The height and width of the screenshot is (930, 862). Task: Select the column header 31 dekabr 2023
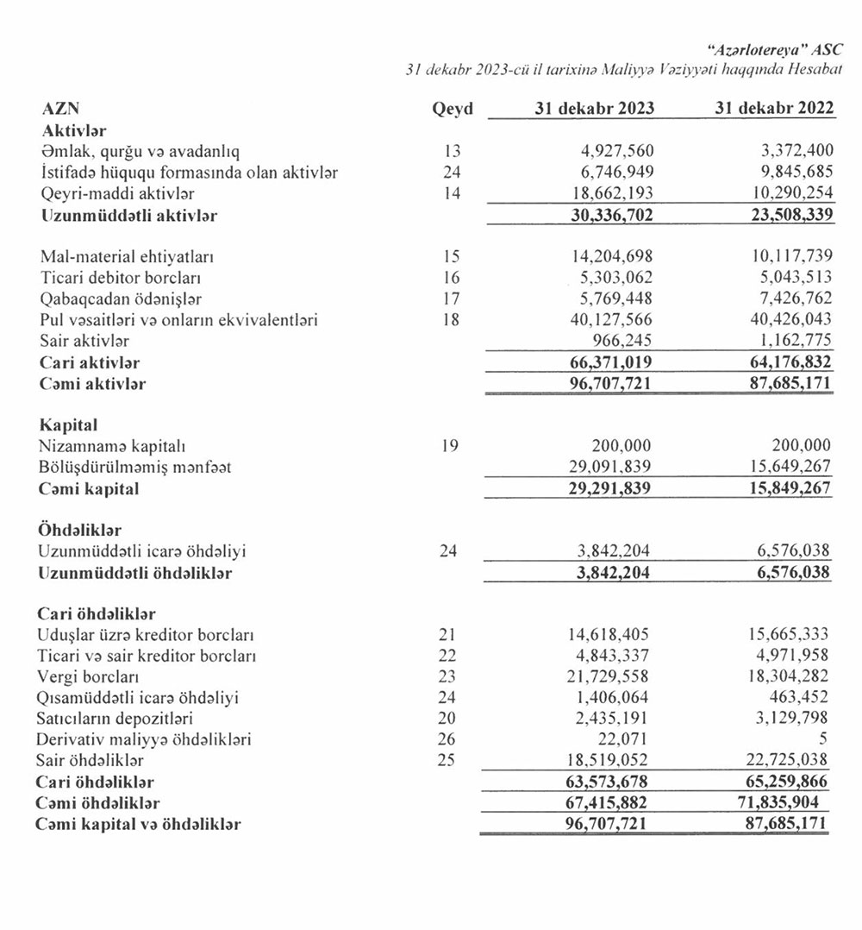click(x=593, y=109)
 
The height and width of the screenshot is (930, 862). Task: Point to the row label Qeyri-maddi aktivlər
click(x=117, y=194)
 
